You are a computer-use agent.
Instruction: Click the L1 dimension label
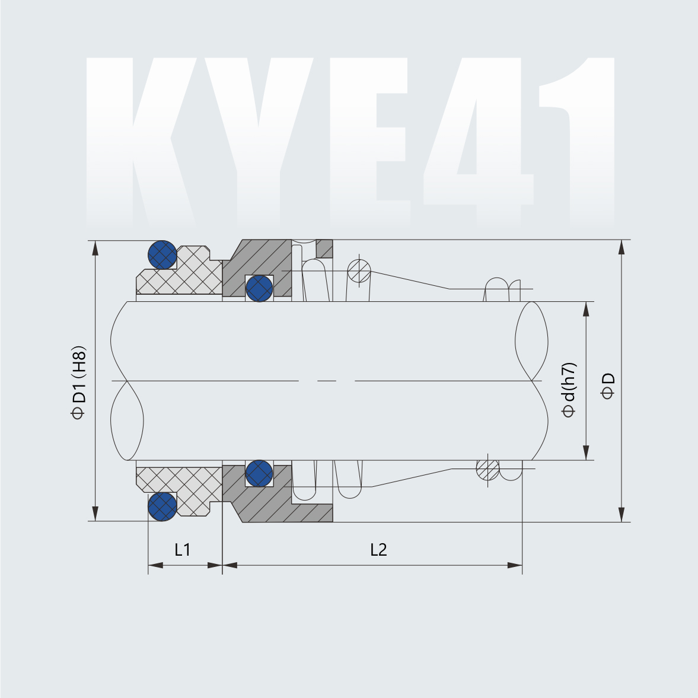click(x=182, y=550)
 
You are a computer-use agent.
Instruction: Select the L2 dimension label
click(x=378, y=550)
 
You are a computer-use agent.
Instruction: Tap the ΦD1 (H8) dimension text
click(x=79, y=383)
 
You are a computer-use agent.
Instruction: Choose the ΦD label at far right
click(x=608, y=386)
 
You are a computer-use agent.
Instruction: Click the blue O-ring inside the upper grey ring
click(x=259, y=288)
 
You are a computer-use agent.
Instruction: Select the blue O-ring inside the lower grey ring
click(x=259, y=473)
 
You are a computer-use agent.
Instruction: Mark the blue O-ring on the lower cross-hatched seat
click(x=162, y=506)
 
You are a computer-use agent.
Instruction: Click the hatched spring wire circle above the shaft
click(x=359, y=272)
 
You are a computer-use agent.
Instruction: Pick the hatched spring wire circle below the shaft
click(x=487, y=470)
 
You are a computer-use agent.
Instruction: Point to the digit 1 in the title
click(x=584, y=142)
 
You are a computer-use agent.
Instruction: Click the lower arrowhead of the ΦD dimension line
click(x=621, y=514)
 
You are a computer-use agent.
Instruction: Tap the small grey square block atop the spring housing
click(x=324, y=248)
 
